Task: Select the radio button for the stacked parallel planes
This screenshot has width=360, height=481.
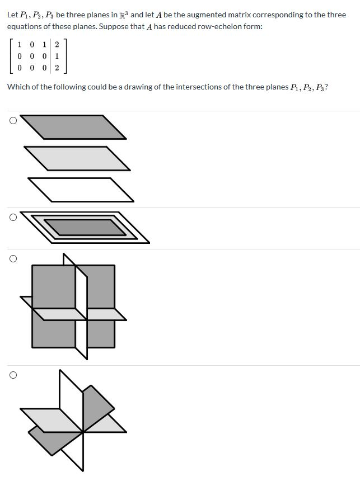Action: point(12,120)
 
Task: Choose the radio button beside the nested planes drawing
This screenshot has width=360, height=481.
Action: point(12,217)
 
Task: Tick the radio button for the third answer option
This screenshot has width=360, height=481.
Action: point(12,258)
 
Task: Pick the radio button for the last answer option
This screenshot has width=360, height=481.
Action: point(12,375)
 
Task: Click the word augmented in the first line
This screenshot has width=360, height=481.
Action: point(213,15)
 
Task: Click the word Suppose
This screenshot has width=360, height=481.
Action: point(114,27)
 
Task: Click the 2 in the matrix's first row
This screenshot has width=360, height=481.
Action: point(57,45)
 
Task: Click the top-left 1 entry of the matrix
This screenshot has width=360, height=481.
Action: point(20,45)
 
